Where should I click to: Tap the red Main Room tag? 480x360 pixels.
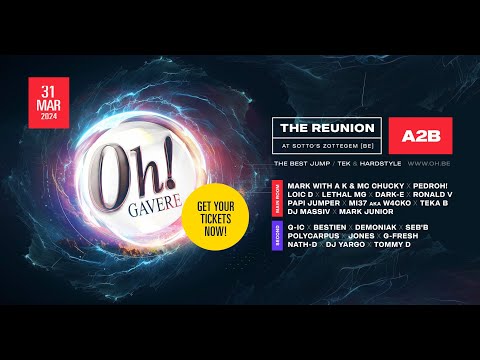pyautogui.click(x=277, y=199)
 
